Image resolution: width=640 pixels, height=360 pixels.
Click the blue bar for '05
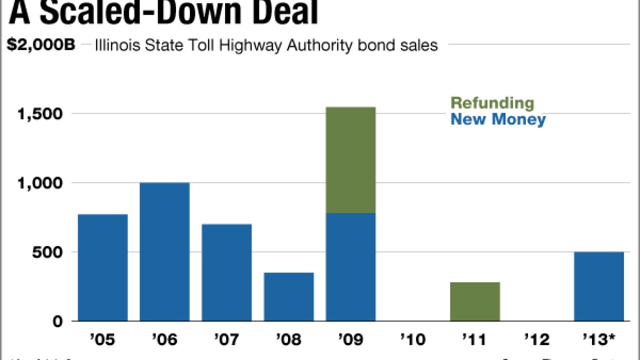103,267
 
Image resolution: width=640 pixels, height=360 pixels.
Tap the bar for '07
226,272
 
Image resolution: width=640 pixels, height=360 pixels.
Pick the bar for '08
288,296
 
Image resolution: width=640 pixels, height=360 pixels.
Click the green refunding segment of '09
350,160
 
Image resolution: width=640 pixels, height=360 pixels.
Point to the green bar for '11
475,301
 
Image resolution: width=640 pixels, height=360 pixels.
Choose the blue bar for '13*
599,286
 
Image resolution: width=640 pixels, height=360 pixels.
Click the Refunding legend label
492,103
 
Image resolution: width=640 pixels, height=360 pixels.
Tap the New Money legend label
498,120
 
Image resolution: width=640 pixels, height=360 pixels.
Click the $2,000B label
41,45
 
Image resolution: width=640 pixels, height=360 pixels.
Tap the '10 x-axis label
412,340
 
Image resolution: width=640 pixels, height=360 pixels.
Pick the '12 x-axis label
537,340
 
